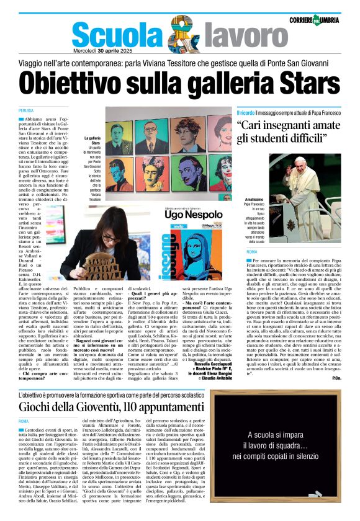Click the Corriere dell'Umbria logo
click(322, 20)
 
